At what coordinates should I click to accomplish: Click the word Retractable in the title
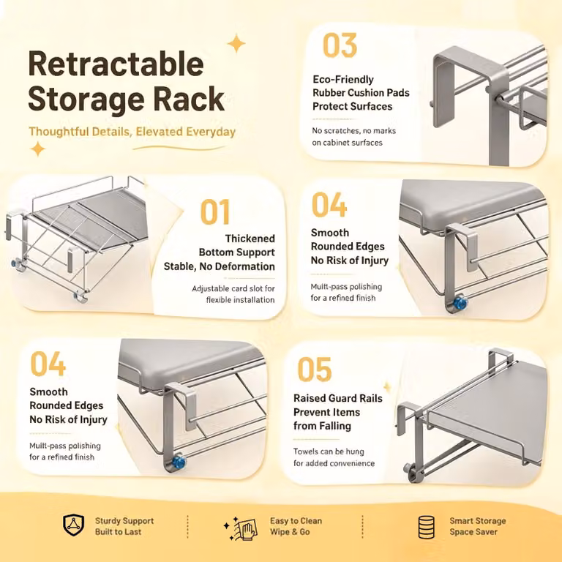[116, 64]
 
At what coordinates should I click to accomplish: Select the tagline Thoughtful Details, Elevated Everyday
[132, 132]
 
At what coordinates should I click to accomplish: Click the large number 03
[340, 45]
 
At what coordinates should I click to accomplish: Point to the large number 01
[215, 211]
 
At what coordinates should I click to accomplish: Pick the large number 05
[315, 370]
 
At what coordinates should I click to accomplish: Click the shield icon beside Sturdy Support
[73, 525]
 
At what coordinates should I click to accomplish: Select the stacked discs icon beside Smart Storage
[427, 527]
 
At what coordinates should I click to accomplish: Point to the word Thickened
[250, 239]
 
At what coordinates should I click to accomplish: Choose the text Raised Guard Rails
[338, 398]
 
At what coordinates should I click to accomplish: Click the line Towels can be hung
[329, 452]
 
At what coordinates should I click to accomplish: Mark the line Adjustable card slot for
[233, 288]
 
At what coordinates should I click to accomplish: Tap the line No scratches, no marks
[353, 131]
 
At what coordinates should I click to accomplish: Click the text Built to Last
[119, 532]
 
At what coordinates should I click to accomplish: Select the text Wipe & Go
[290, 532]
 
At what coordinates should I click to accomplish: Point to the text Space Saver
[473, 532]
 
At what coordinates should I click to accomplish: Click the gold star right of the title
[236, 43]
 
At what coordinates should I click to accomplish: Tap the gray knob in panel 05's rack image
[408, 468]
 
